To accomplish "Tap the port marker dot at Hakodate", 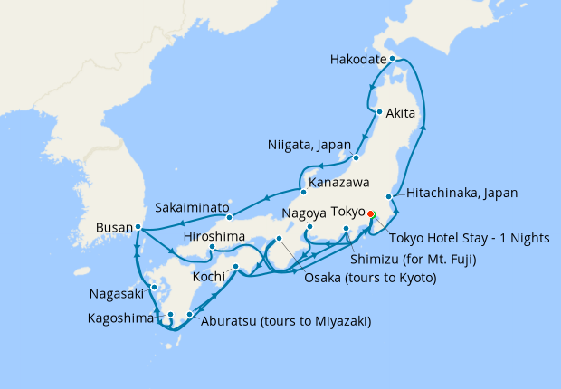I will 392,59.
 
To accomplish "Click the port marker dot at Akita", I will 377,112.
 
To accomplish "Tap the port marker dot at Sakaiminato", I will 230,217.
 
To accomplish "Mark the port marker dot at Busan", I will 138,227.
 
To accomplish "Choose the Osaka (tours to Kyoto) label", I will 371,278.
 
